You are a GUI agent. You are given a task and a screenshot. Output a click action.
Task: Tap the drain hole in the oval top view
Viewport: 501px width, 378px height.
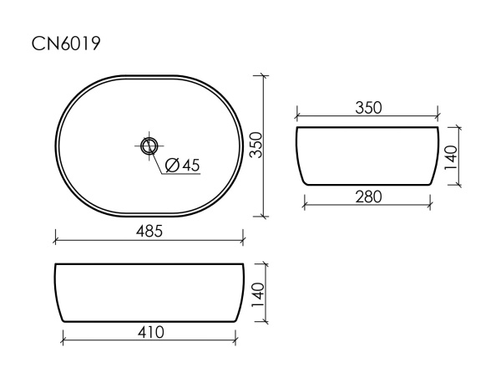point(149,146)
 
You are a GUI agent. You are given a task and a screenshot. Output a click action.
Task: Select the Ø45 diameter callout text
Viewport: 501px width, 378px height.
point(182,165)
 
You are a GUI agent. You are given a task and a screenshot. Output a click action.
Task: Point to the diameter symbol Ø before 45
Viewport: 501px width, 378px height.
point(171,165)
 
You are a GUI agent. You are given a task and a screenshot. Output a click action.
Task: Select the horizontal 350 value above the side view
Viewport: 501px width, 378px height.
point(367,108)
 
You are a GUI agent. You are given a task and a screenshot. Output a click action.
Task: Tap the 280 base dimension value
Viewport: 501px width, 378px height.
point(368,197)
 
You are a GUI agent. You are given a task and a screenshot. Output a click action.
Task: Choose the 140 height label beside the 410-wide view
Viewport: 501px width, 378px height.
point(258,292)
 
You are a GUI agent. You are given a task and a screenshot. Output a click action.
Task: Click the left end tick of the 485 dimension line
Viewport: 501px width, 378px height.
point(55,241)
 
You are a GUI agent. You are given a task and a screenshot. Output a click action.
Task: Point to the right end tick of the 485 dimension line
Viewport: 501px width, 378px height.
point(243,241)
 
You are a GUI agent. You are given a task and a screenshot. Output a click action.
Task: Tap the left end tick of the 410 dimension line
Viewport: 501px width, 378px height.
point(64,340)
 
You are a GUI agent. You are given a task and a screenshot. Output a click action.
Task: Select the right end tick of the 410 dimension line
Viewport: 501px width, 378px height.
point(234,340)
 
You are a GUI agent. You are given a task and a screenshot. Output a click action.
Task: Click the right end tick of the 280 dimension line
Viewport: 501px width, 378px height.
point(431,205)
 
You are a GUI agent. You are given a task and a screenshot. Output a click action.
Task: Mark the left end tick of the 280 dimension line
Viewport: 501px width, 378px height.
point(305,205)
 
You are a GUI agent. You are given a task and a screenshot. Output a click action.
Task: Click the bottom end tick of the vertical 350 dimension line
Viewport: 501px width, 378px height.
point(265,215)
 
